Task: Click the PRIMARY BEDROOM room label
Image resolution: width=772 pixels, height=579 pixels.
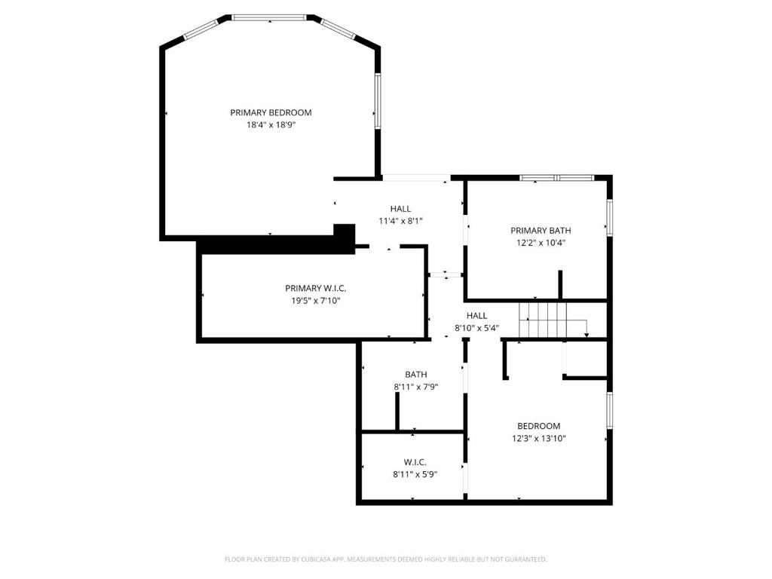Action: (271, 112)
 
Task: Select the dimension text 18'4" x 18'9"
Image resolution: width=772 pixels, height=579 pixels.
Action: (271, 125)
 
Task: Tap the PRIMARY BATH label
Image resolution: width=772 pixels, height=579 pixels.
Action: (541, 231)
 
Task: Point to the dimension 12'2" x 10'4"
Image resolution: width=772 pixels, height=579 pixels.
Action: (541, 243)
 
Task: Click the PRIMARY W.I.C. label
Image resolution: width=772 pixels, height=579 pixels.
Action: (316, 288)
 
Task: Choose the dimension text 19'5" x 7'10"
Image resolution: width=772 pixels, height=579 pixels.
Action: (316, 300)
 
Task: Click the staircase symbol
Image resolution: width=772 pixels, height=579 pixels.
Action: (546, 319)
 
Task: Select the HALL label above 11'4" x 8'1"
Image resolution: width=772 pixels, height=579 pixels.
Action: (400, 209)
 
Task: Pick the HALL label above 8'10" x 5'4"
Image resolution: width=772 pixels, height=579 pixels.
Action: (476, 316)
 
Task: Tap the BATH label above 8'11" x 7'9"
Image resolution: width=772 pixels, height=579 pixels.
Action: (415, 374)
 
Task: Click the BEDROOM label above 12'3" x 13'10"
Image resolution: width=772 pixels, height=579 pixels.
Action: (538, 426)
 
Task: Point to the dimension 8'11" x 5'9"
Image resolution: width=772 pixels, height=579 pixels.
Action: (415, 474)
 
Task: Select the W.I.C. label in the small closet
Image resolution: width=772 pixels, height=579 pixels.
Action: (415, 462)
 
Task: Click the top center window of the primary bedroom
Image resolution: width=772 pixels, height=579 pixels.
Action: (269, 17)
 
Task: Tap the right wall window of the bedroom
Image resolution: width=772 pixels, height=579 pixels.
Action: (609, 410)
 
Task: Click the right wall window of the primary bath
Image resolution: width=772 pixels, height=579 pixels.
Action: (609, 218)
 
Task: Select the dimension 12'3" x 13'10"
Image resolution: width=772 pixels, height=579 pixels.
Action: (538, 438)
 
